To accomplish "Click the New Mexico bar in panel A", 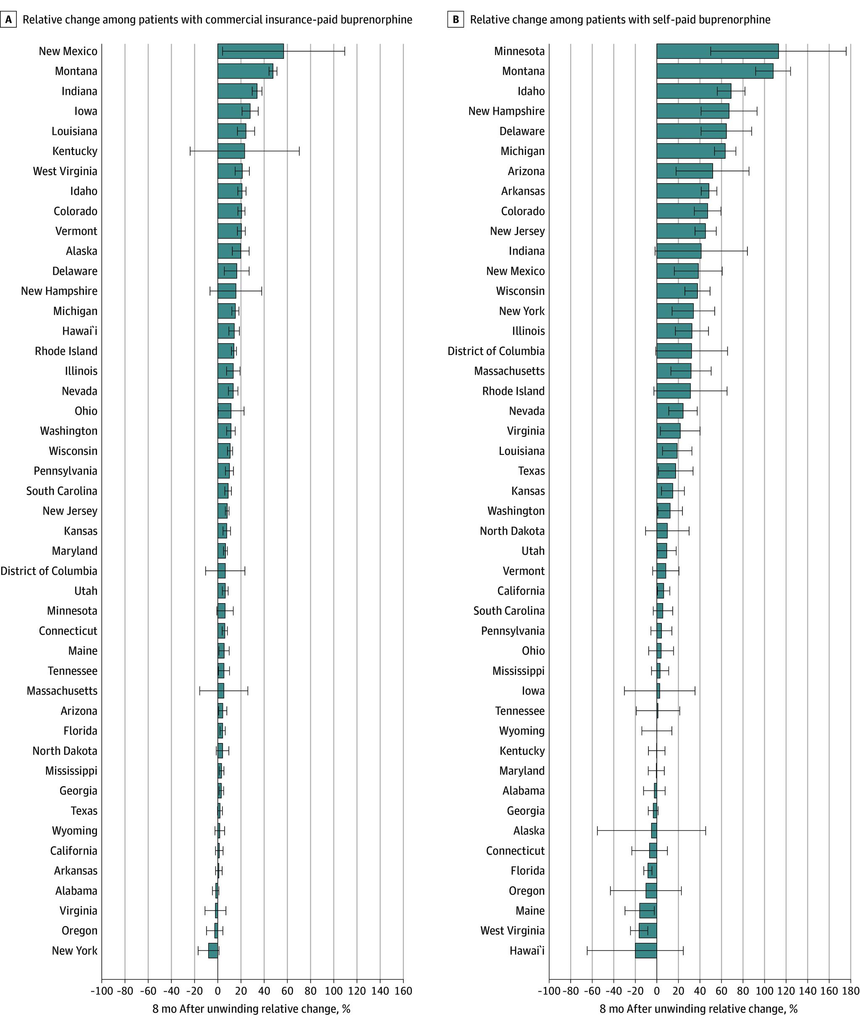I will (250, 51).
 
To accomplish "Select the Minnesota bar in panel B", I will (717, 51).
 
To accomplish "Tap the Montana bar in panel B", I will (714, 71).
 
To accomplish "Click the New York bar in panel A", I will (213, 950).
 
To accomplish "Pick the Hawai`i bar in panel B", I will (646, 950).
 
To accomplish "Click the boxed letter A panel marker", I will (8, 19).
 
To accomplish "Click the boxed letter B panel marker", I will (455, 19).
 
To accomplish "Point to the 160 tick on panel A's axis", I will (403, 991).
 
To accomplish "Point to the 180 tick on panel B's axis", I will (851, 991).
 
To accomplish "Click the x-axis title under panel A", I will (251, 1009).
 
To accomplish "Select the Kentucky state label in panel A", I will (75, 151).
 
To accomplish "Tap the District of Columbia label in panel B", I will (496, 351).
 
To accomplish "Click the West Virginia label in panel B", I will (512, 930).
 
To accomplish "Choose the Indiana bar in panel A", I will (237, 91).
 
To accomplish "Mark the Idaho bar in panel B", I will (693, 91).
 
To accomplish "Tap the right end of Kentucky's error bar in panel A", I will (299, 151).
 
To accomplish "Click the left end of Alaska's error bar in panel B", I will (597, 830).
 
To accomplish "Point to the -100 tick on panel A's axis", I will (102, 991).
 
